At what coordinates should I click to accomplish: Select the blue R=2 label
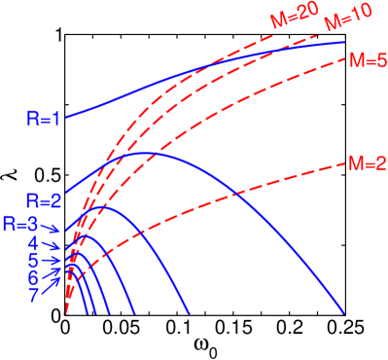click(x=45, y=201)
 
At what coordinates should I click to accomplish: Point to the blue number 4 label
click(x=33, y=242)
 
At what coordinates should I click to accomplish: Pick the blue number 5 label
click(x=33, y=261)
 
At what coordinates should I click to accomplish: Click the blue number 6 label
click(x=33, y=278)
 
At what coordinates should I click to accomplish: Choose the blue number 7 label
click(x=33, y=296)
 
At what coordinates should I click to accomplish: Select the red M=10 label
click(x=341, y=21)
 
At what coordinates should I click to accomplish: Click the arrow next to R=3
click(x=54, y=226)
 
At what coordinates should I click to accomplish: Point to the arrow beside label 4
click(x=54, y=244)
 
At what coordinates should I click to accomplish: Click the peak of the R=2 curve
click(x=146, y=153)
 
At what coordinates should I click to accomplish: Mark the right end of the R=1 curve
click(x=344, y=42)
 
